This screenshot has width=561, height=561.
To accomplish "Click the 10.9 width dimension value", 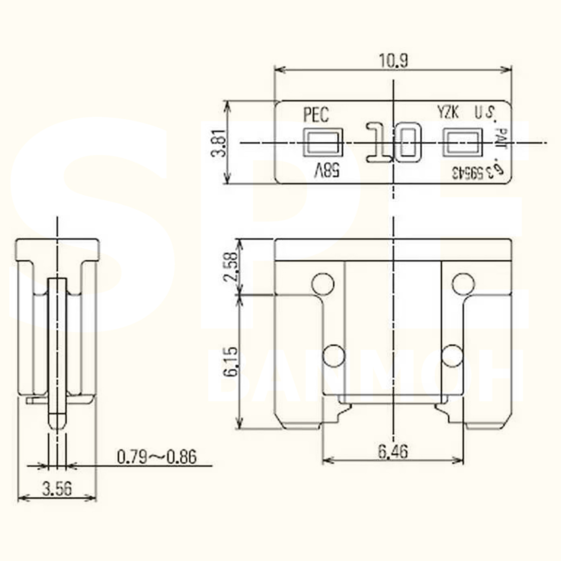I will [x=393, y=61].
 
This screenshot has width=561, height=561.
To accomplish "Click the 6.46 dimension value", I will [x=393, y=451].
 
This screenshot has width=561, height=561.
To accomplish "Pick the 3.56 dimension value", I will [x=57, y=488].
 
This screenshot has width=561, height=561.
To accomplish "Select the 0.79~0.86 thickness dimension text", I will [x=157, y=457].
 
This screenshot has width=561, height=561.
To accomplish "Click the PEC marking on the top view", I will [x=316, y=114].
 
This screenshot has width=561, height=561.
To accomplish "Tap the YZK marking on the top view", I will [x=448, y=112].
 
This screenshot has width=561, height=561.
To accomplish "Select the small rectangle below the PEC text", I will [x=323, y=142].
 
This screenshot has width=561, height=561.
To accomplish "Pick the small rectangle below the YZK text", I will [x=463, y=142].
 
